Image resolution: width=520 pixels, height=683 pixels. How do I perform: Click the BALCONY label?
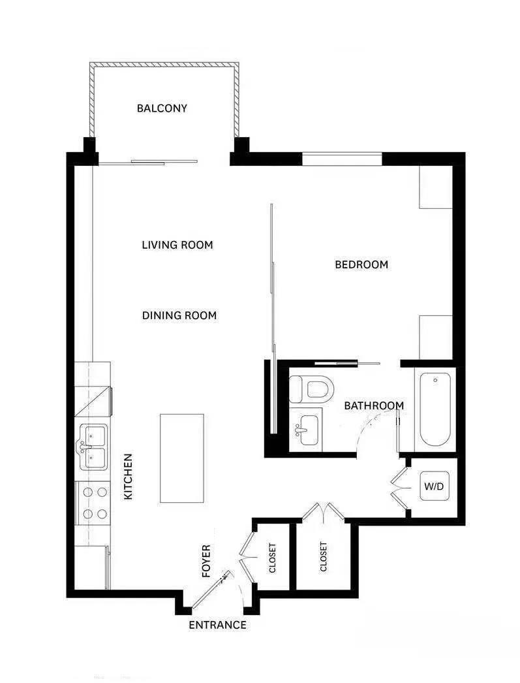[162, 108]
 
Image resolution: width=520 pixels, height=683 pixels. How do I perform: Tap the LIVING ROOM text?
[177, 246]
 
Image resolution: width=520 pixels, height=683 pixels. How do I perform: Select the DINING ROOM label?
[179, 315]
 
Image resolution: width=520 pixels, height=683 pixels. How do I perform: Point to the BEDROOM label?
[361, 264]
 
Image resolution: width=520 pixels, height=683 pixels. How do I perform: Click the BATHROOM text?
[374, 405]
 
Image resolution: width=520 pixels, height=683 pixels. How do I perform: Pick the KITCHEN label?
[129, 477]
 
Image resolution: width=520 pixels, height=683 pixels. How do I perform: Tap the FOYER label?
[206, 561]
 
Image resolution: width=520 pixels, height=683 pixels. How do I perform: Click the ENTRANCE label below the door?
[217, 626]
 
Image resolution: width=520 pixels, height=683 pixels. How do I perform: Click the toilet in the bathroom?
[312, 390]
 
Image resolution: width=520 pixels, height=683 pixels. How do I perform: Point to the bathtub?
[435, 409]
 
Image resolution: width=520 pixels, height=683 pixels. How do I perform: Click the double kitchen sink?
[93, 447]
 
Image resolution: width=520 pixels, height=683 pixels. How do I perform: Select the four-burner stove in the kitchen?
[93, 503]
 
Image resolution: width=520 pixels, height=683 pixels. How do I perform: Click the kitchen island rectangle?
[182, 458]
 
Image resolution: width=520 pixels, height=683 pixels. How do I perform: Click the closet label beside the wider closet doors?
[324, 557]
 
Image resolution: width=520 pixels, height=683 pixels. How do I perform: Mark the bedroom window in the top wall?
[342, 157]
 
